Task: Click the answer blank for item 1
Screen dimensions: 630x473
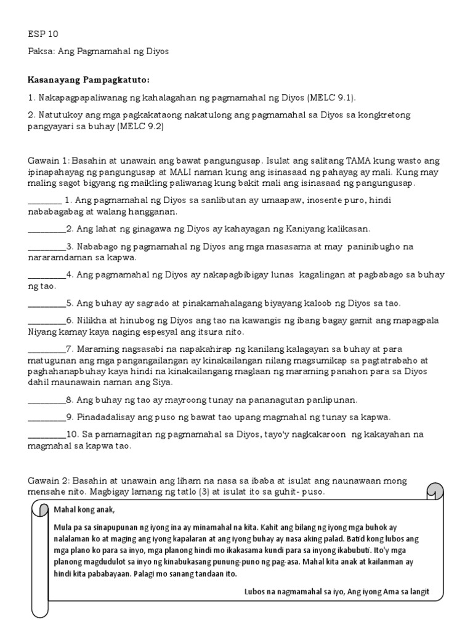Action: pyautogui.click(x=45, y=201)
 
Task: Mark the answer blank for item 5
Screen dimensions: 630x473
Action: pyautogui.click(x=47, y=303)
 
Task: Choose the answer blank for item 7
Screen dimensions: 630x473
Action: pyautogui.click(x=47, y=349)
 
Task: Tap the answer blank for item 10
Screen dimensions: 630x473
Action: pyautogui.click(x=47, y=434)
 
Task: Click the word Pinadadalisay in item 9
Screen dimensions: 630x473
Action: pyautogui.click(x=102, y=417)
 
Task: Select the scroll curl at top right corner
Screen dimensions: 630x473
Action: pyautogui.click(x=435, y=492)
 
